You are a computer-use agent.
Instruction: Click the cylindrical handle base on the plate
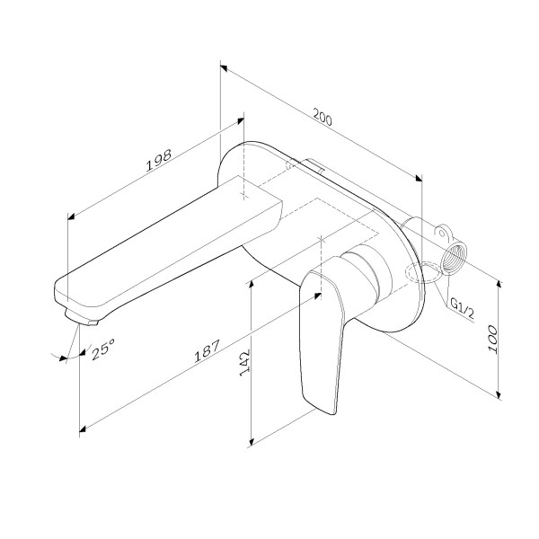coord(366,269)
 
